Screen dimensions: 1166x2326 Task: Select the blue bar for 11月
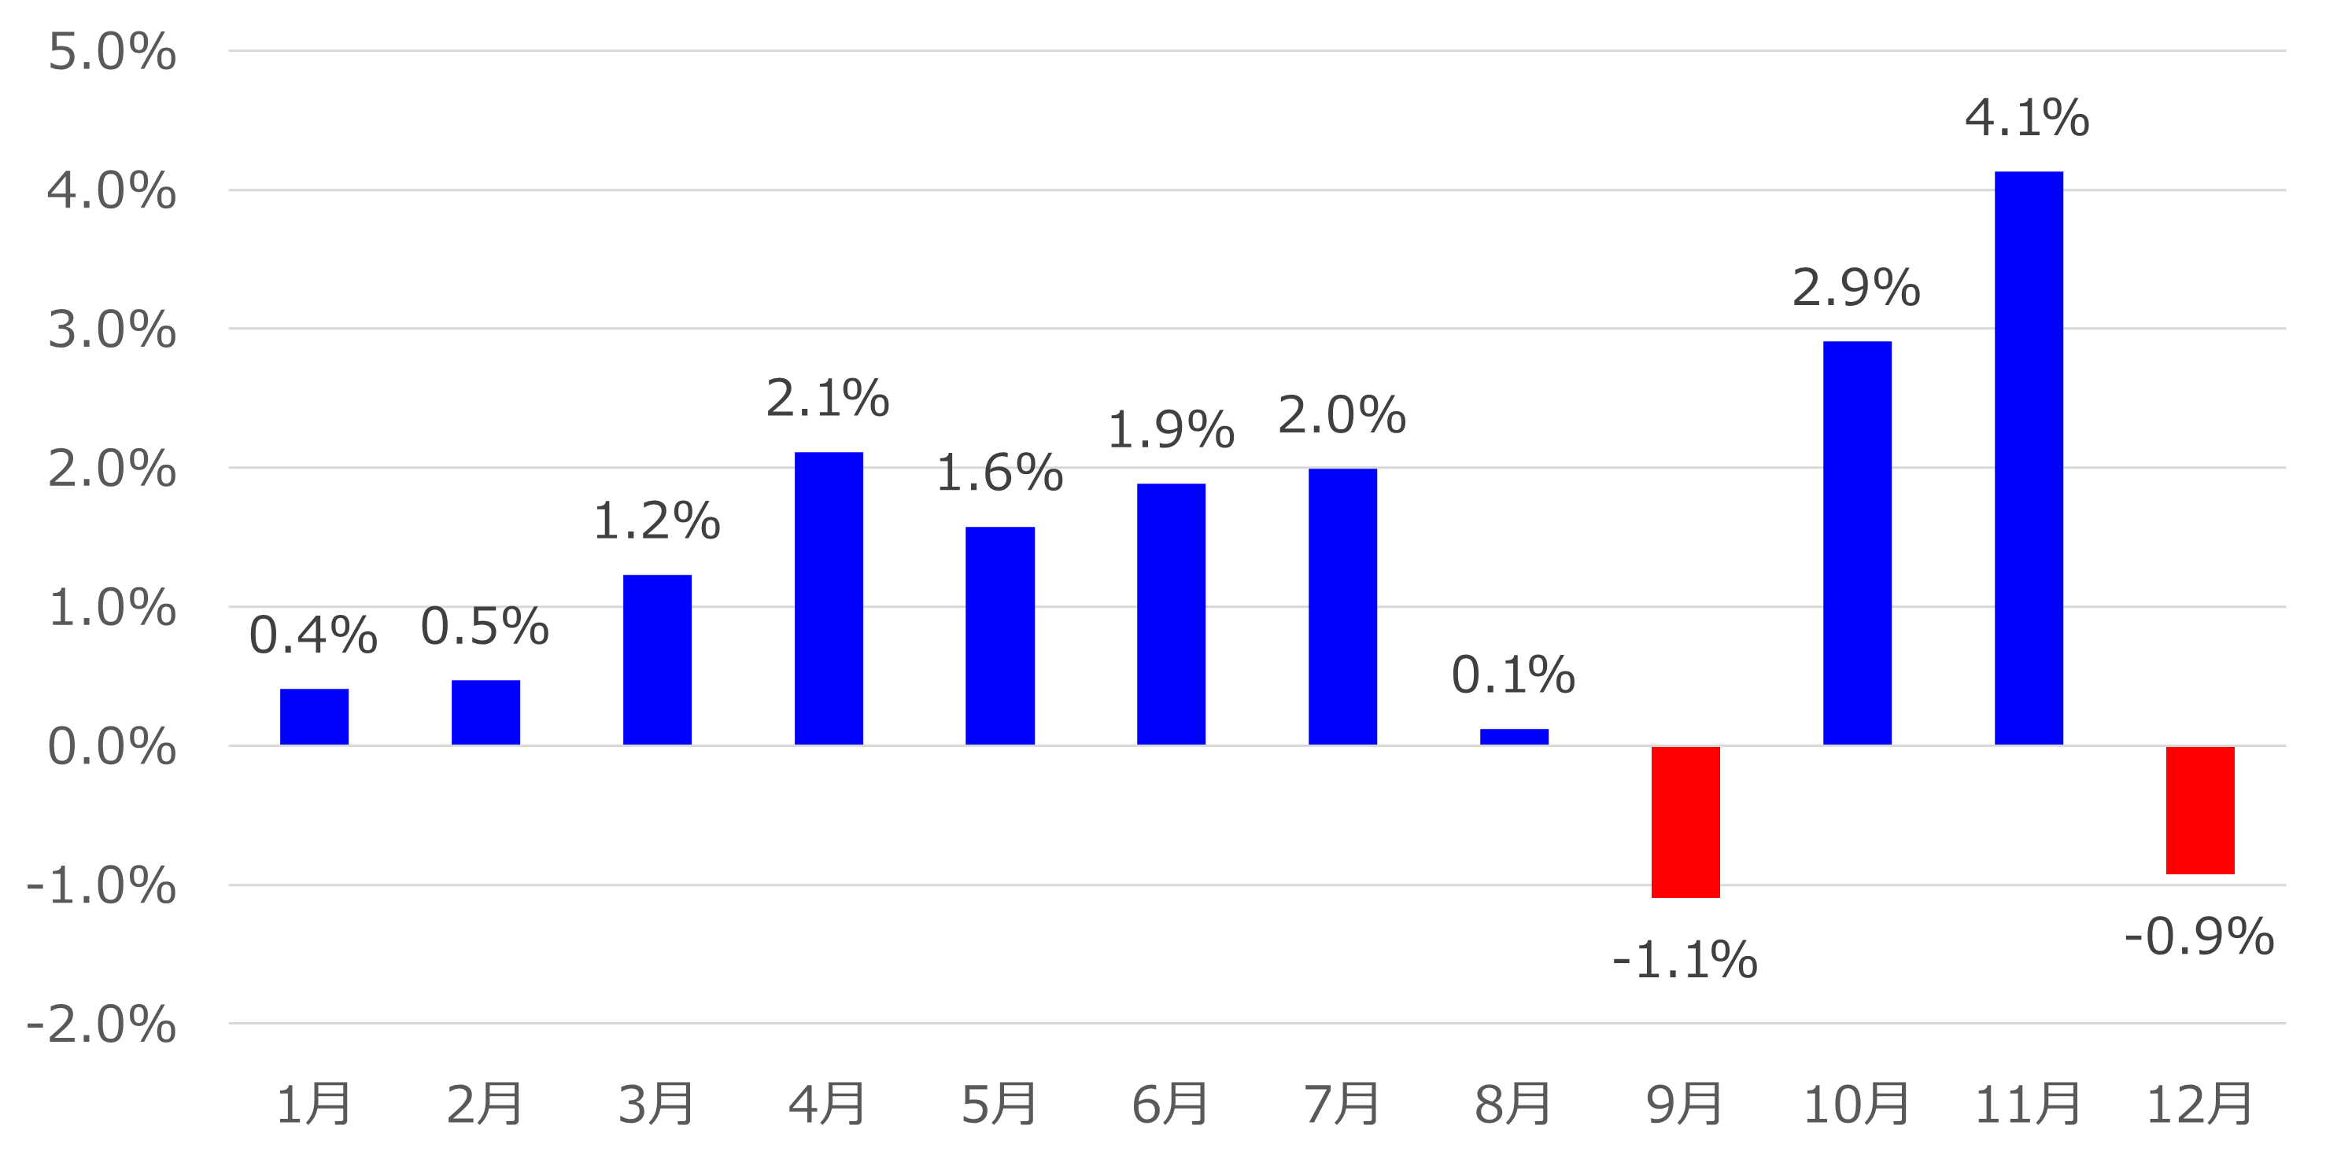pyautogui.click(x=2028, y=458)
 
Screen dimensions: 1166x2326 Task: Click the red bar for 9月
pyautogui.click(x=1685, y=822)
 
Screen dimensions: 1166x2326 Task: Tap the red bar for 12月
pyautogui.click(x=2199, y=810)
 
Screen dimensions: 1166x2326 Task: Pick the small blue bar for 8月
pyautogui.click(x=1513, y=737)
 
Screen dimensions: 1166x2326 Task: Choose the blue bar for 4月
pyautogui.click(x=828, y=598)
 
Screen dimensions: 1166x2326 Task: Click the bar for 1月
pyautogui.click(x=313, y=716)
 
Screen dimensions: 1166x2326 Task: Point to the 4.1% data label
pyautogui.click(x=2026, y=118)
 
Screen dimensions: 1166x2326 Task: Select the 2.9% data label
pyautogui.click(x=1855, y=288)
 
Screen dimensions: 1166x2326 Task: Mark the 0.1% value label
pyautogui.click(x=1512, y=675)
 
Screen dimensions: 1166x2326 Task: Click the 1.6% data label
pyautogui.click(x=999, y=473)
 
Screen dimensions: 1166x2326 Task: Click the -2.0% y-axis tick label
pyautogui.click(x=102, y=1024)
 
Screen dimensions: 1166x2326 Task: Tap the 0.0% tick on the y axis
pyautogui.click(x=111, y=746)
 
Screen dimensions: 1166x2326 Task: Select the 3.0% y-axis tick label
pyautogui.click(x=111, y=329)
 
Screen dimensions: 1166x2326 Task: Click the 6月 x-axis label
pyautogui.click(x=1170, y=1104)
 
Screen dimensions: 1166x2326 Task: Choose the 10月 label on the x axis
pyautogui.click(x=1855, y=1104)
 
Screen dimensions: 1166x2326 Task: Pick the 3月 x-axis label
pyautogui.click(x=656, y=1104)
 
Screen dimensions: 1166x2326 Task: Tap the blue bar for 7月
pyautogui.click(x=1342, y=606)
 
